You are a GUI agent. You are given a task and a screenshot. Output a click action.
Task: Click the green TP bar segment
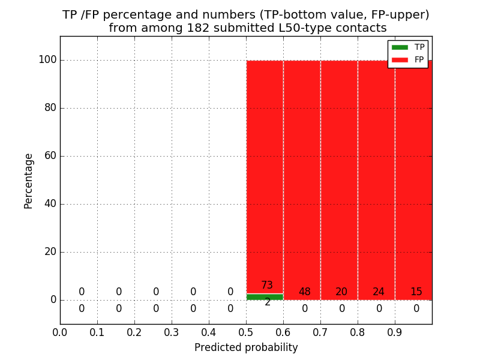[265, 296]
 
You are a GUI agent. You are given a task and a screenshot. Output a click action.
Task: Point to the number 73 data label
[267, 285]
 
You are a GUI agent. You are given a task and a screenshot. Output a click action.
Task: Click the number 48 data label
[305, 292]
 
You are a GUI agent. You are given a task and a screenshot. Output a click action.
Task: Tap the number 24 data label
[379, 292]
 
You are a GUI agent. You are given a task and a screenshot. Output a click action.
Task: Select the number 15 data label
[416, 292]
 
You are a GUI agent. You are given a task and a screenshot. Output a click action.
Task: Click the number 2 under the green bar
[268, 302]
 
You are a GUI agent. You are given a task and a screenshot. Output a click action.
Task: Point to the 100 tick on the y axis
[47, 60]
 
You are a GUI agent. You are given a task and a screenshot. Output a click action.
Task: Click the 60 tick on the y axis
[50, 156]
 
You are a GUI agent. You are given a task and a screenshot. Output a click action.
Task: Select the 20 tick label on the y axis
[50, 252]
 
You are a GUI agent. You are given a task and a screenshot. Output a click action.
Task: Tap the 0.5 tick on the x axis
[246, 332]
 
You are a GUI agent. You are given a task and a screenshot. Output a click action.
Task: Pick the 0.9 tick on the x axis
[395, 332]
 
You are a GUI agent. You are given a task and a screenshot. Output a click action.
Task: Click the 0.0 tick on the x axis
[60, 332]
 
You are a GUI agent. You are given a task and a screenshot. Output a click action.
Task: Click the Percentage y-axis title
[29, 181]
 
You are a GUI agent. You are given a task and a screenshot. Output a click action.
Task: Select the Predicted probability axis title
[246, 347]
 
